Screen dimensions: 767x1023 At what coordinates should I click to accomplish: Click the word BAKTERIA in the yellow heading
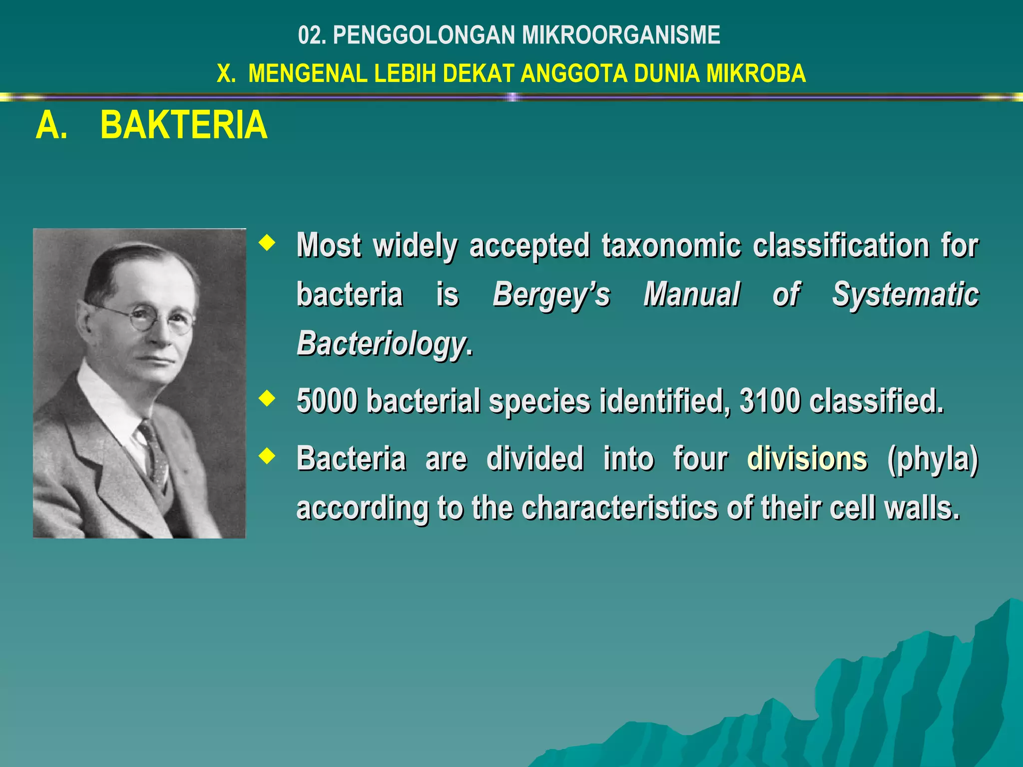click(x=184, y=125)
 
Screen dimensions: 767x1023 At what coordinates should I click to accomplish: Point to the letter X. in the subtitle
click(x=226, y=73)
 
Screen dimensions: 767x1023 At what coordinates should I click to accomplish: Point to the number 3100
click(x=770, y=400)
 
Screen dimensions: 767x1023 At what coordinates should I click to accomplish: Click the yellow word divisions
click(x=807, y=458)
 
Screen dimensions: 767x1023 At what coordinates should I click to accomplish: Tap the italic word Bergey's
click(x=551, y=295)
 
